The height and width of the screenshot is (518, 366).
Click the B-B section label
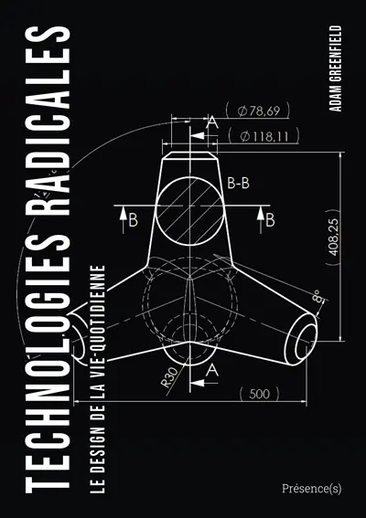click(x=240, y=183)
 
